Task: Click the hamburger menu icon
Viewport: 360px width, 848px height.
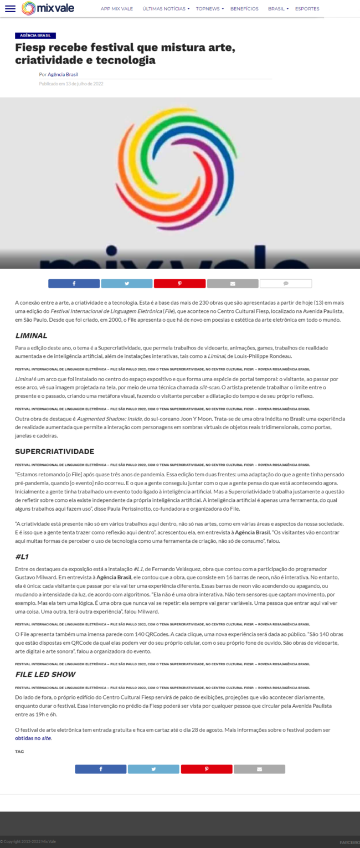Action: pos(10,8)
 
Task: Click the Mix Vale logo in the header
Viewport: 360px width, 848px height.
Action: pos(47,8)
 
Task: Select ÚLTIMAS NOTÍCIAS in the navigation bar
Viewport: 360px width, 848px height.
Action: pos(165,9)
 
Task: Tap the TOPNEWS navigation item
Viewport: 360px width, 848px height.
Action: pos(209,9)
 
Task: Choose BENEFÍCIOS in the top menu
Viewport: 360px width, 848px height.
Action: pos(244,9)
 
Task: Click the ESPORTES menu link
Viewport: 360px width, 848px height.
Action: pos(307,9)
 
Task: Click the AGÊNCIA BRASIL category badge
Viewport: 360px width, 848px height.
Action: pos(35,35)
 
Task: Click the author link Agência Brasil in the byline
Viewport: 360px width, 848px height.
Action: pos(63,74)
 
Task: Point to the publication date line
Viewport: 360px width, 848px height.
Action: pos(71,84)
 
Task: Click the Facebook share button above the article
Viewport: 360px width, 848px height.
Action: pos(74,284)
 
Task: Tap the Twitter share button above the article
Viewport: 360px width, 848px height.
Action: pos(126,284)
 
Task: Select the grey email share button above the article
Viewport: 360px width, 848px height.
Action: pos(233,284)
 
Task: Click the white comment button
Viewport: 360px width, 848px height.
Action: pos(286,284)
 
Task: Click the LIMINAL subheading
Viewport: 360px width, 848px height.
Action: pos(31,336)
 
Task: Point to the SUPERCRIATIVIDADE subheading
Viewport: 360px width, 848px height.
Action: pos(54,451)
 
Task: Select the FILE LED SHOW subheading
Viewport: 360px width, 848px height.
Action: pos(45,674)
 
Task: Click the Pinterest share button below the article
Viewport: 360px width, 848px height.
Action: pos(206,769)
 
